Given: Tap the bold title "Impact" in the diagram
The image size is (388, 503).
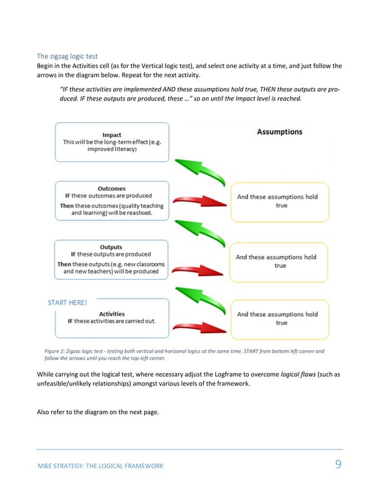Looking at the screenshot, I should pyautogui.click(x=112, y=135).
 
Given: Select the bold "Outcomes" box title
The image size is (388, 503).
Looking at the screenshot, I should pyautogui.click(x=112, y=188).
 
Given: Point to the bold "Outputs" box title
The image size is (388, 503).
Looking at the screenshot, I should pyautogui.click(x=111, y=247).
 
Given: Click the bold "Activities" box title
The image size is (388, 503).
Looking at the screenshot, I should pyautogui.click(x=112, y=314).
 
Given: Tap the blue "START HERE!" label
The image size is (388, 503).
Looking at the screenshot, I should pyautogui.click(x=67, y=301).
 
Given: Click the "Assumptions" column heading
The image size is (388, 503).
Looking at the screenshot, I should pyautogui.click(x=279, y=132).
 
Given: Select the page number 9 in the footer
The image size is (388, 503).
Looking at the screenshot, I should pyautogui.click(x=339, y=465).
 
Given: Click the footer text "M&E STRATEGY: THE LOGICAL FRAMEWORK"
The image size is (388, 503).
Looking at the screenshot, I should pyautogui.click(x=100, y=466).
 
